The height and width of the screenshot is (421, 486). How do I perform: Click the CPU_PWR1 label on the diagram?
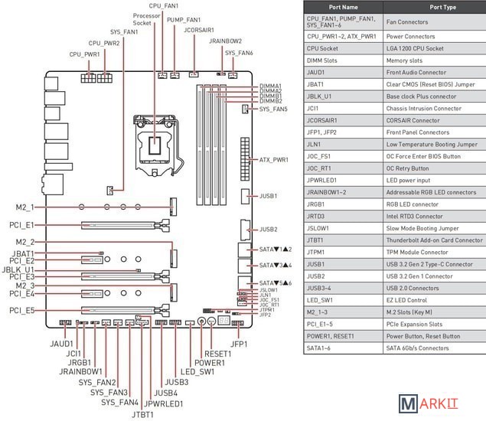(84, 55)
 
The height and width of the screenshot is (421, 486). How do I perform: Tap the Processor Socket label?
(146, 19)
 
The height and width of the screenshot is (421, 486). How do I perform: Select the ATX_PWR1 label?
(274, 160)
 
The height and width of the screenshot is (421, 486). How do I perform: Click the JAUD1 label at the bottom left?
(62, 344)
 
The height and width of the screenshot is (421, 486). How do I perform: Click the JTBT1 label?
(142, 414)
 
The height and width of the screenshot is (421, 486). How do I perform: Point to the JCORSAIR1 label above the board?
(199, 30)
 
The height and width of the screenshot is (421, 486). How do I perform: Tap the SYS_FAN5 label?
(274, 109)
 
